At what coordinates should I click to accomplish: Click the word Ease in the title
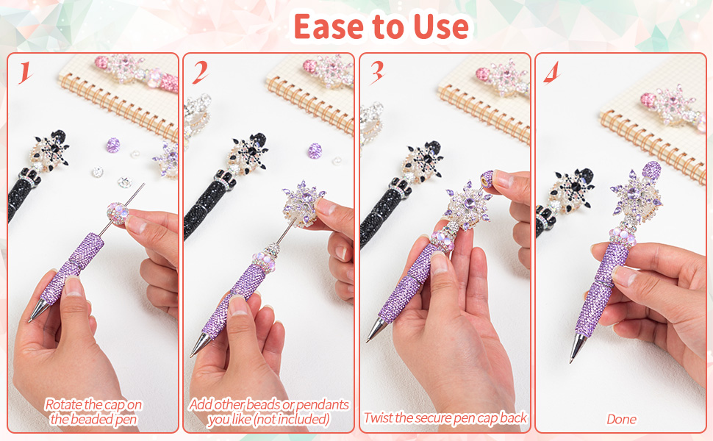pyautogui.click(x=329, y=26)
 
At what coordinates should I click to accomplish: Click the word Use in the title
pyautogui.click(x=440, y=26)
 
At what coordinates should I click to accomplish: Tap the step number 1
pyautogui.click(x=25, y=73)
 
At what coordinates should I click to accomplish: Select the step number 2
pyautogui.click(x=200, y=73)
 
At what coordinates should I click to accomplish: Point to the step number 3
pyautogui.click(x=377, y=73)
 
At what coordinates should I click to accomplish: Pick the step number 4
pyautogui.click(x=551, y=73)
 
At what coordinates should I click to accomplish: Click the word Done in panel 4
pyautogui.click(x=622, y=419)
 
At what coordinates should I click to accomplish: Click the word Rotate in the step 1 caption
pyautogui.click(x=63, y=404)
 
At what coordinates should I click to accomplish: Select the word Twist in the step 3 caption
pyautogui.click(x=379, y=417)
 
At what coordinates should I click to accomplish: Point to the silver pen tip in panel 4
pyautogui.click(x=576, y=348)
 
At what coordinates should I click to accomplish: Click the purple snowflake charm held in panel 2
pyautogui.click(x=303, y=204)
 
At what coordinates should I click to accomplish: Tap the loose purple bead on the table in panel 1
pyautogui.click(x=112, y=145)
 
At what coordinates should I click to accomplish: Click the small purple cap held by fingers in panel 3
pyautogui.click(x=487, y=179)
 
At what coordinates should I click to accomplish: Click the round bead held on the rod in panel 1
pyautogui.click(x=118, y=214)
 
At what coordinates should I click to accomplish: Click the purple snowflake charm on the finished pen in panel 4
pyautogui.click(x=636, y=196)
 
